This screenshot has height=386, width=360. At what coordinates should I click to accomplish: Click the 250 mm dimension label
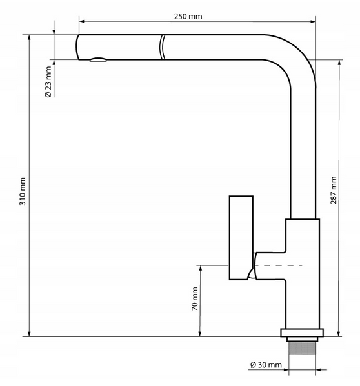(188, 17)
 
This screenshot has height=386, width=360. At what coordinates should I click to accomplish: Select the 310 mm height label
(23, 191)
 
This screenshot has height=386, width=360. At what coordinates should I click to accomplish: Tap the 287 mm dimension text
(334, 190)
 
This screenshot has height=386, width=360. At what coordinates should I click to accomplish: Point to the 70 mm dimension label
(195, 298)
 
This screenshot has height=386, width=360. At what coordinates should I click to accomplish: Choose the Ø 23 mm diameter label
(48, 82)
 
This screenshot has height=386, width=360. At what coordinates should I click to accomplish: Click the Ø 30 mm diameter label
(266, 365)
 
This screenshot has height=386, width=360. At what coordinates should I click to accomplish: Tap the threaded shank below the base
(302, 348)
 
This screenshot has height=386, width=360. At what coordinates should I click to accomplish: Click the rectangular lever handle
(241, 238)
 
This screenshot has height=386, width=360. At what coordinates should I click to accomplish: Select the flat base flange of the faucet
(302, 333)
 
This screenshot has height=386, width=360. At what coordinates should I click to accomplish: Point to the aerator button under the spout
(98, 59)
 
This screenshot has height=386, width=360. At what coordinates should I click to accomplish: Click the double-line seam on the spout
(162, 47)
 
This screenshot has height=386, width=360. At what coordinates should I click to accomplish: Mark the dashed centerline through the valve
(278, 265)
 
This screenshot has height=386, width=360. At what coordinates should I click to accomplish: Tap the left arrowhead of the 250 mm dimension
(81, 21)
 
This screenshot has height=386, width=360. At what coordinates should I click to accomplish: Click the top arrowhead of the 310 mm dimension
(29, 37)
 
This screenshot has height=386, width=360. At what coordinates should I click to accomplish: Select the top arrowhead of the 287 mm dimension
(339, 63)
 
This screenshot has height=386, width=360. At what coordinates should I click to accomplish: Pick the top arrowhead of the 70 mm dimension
(200, 268)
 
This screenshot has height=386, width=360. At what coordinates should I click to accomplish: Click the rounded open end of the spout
(77, 47)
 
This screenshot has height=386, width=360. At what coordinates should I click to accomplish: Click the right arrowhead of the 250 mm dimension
(313, 21)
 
